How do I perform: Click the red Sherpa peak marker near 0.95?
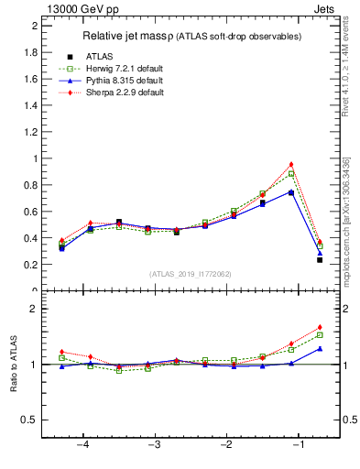(291, 165)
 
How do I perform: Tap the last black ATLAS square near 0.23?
(320, 260)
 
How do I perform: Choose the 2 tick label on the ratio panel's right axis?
(346, 309)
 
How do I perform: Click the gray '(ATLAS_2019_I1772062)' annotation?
(191, 274)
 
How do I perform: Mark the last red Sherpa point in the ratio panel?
(320, 327)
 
